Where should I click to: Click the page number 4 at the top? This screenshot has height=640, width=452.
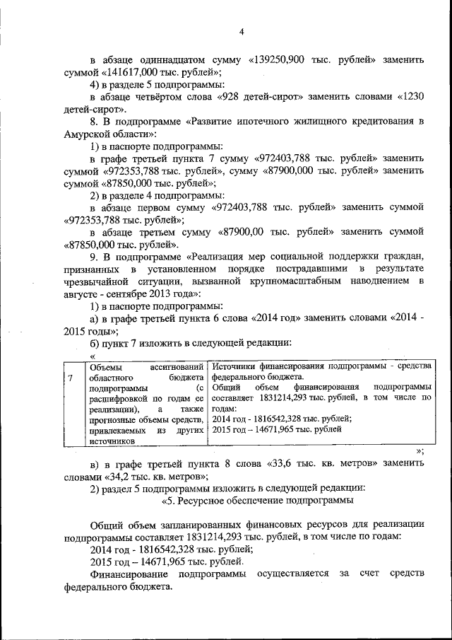pos(241,31)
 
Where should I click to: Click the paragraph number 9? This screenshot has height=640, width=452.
pos(94,255)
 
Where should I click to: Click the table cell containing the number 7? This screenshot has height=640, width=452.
pos(71,378)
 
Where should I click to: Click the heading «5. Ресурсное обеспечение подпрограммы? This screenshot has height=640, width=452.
pos(258,501)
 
